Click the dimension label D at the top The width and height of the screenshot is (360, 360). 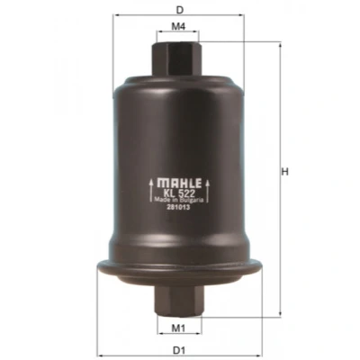point(179,10)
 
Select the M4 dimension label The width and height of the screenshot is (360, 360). point(178,26)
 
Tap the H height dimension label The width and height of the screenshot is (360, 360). point(284,172)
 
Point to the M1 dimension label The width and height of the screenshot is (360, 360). point(178,328)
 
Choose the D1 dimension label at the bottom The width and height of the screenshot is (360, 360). point(179,350)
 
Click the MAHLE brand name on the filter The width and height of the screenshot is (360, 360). point(179,184)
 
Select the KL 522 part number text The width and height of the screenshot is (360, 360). point(179,193)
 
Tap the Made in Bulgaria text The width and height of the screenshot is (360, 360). point(179,200)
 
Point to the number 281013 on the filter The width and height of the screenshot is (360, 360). point(179,207)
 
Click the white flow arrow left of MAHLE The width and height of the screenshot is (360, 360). point(151,190)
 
